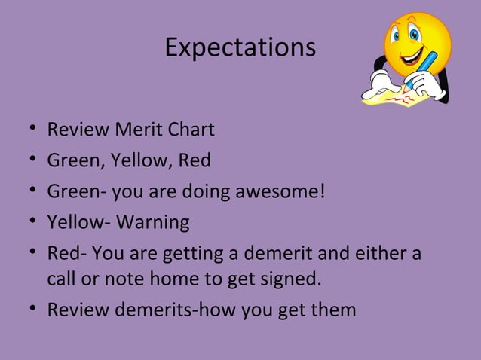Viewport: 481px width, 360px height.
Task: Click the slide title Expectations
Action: point(240,48)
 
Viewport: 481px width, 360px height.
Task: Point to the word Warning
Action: point(155,223)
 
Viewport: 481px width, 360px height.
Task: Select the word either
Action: point(381,254)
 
